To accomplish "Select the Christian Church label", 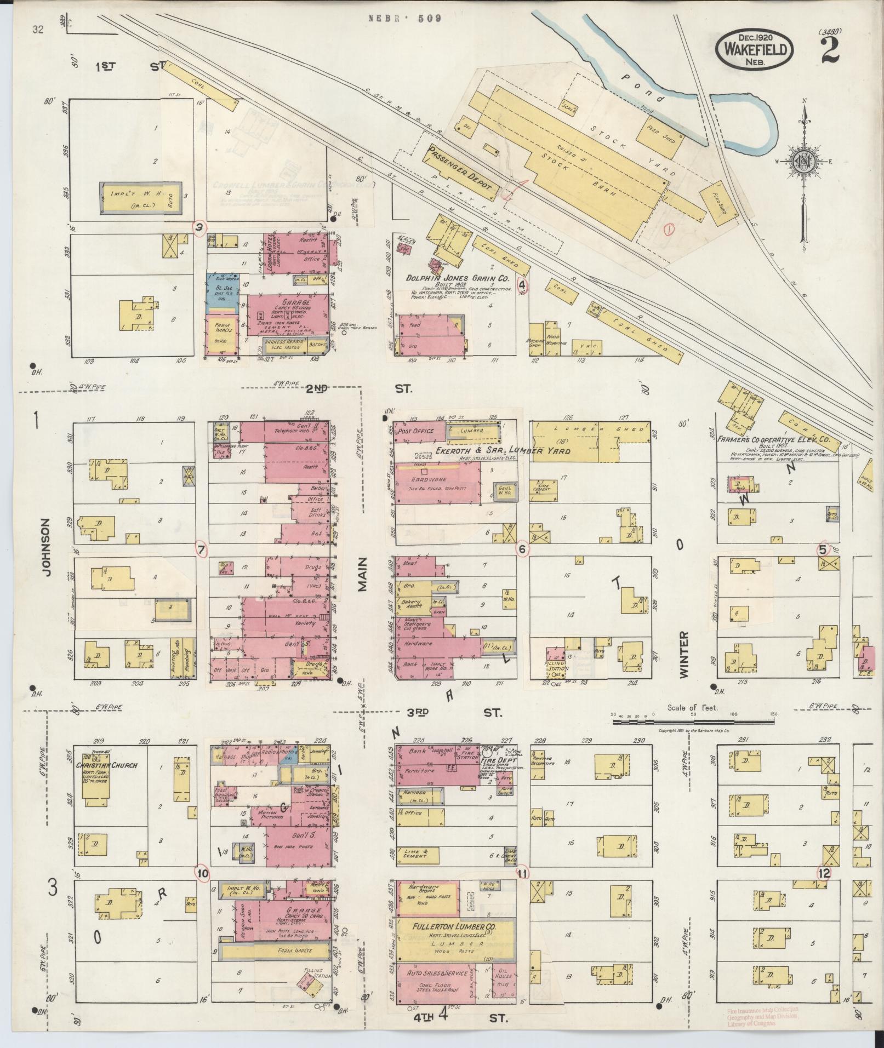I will point(107,765).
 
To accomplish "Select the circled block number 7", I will point(202,549).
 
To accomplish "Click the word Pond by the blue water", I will point(642,88).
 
